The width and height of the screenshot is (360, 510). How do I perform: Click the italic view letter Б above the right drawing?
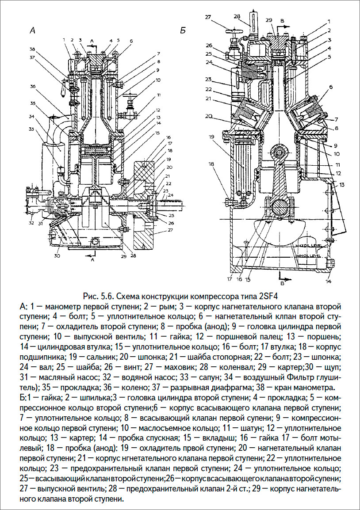182,31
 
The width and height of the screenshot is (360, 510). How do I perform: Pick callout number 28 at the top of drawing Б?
237,17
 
